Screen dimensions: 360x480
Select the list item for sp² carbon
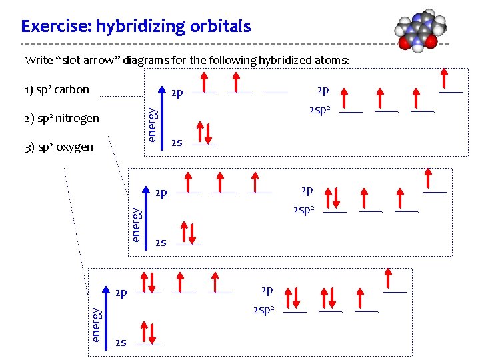pos(56,90)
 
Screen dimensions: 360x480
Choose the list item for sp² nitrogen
pos(61,119)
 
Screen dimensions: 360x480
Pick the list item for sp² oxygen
pos(59,147)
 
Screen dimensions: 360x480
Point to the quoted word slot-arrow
pos(91,60)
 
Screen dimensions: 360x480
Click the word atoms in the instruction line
pos(331,60)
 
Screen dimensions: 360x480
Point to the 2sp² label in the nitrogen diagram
pos(303,211)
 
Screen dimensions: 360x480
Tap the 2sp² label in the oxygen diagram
pos(263,310)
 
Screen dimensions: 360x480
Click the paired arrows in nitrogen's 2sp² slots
pos(333,199)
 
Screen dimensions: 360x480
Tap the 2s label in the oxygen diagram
pos(121,343)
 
